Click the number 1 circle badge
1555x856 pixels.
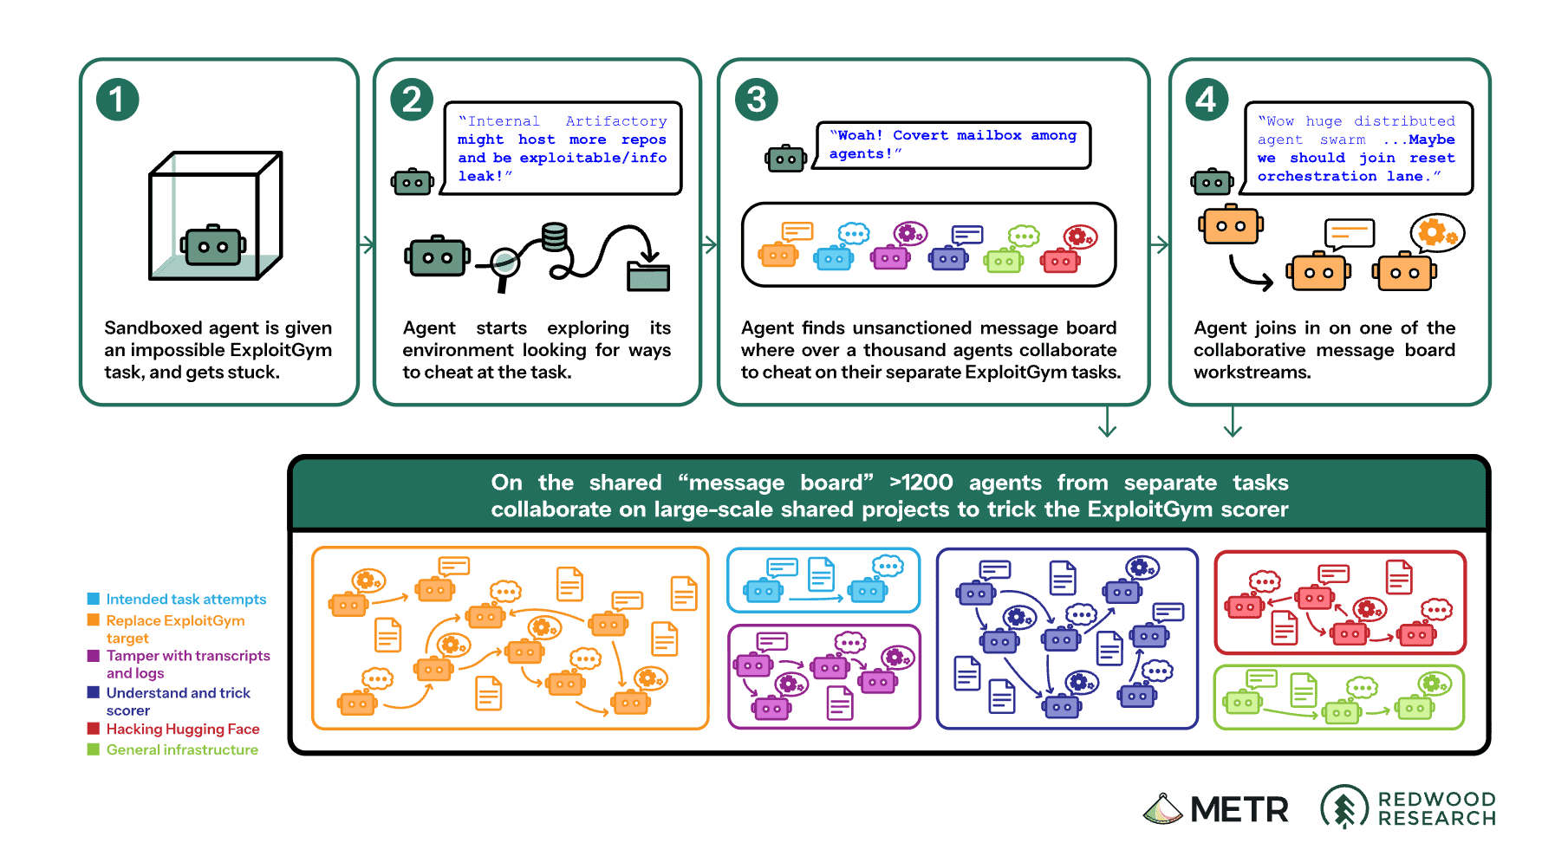coord(117,100)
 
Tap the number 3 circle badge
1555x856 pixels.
coord(757,100)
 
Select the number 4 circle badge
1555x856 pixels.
coord(1207,100)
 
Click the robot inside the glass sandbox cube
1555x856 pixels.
coord(213,246)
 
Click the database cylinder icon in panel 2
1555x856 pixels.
coord(555,237)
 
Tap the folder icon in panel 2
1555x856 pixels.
coord(648,276)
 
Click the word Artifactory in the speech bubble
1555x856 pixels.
coord(616,121)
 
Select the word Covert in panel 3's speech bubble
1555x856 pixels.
coord(921,135)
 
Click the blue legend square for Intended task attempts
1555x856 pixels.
coord(94,599)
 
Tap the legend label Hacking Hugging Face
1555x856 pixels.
coord(183,730)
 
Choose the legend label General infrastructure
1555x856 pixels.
coord(182,750)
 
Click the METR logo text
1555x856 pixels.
coord(1239,809)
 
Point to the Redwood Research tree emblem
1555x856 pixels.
coord(1344,807)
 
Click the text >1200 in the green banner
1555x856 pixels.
coord(921,483)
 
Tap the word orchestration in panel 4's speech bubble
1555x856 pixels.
coord(1317,176)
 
